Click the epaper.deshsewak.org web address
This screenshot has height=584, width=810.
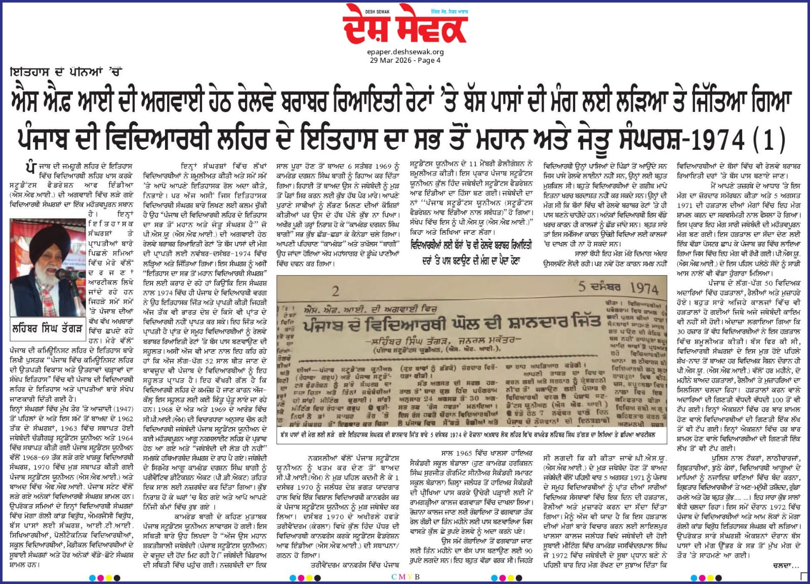[x=406, y=52]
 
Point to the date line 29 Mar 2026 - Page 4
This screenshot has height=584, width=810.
[x=405, y=60]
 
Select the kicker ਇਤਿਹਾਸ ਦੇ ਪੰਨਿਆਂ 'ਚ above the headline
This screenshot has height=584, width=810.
[x=66, y=72]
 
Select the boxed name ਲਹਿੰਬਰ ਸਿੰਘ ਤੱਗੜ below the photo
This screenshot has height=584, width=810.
[x=47, y=329]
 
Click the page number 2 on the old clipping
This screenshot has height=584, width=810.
[x=335, y=291]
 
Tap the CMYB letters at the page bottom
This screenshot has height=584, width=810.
[x=406, y=577]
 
